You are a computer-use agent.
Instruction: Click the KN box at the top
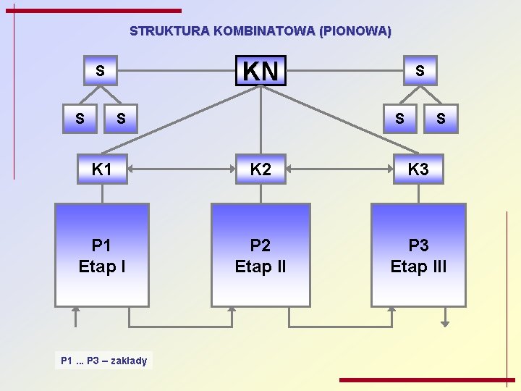260,71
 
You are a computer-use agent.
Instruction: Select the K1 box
102,170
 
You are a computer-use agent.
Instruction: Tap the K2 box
260,170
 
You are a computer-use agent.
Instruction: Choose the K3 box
418,170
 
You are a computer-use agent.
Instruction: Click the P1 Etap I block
102,255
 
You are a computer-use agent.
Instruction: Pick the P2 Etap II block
260,255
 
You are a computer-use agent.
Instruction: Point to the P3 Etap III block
418,255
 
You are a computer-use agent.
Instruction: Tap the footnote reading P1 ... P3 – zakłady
104,360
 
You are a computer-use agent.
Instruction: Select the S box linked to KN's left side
100,71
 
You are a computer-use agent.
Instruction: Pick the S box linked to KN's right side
420,71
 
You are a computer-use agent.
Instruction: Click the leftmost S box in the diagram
80,118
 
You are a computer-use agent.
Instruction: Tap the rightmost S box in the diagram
441,118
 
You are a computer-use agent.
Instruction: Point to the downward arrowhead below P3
446,322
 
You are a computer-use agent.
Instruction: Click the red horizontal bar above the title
93,11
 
